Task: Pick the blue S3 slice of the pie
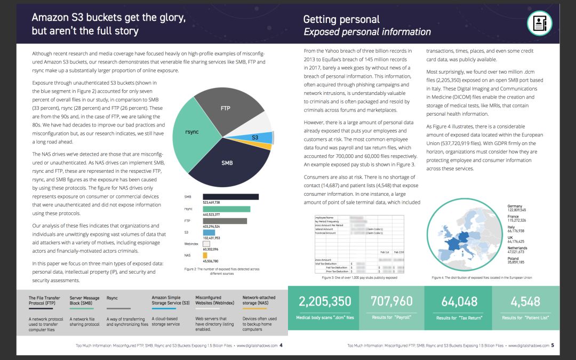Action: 255,138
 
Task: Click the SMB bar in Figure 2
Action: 230,197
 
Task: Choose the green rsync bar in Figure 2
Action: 226,209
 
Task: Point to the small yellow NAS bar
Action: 205,255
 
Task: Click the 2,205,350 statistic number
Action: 325,302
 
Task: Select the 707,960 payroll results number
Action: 391,302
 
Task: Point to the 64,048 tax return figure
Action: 460,302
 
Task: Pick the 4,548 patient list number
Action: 526,302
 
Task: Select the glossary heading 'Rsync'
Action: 112,298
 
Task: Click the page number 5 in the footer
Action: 553,345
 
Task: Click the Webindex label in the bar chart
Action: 191,244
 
